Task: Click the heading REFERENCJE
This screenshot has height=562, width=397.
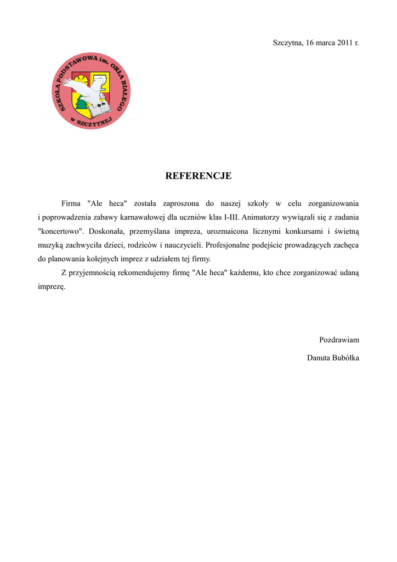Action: [198, 176]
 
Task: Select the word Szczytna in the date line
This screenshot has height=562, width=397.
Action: [288, 43]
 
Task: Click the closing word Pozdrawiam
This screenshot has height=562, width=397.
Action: [339, 340]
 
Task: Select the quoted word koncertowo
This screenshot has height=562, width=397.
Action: [61, 231]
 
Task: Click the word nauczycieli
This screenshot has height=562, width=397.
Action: [183, 245]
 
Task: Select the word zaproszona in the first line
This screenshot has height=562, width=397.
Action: [181, 204]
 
